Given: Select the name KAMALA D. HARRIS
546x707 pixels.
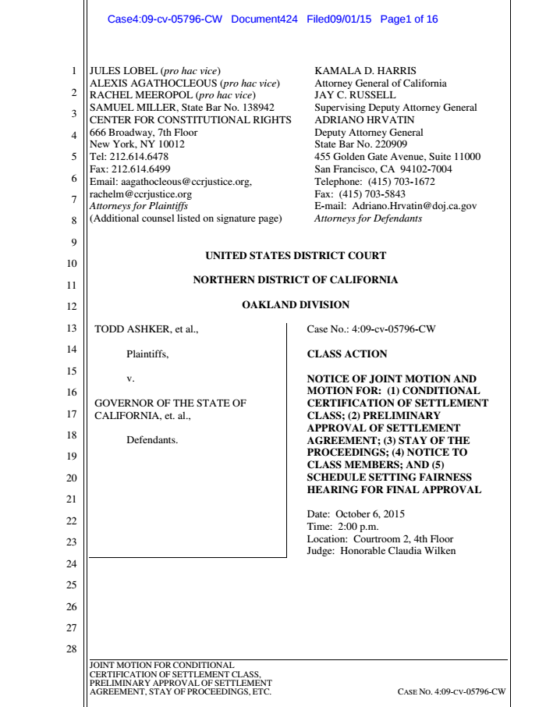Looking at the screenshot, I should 355,71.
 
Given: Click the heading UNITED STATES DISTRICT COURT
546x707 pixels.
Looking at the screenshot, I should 296,255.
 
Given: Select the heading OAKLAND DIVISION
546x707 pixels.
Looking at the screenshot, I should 296,304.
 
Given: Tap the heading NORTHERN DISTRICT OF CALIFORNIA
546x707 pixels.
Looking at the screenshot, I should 296,280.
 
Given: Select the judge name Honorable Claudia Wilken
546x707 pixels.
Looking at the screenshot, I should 398,551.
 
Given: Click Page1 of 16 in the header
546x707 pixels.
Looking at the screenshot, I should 409,20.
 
